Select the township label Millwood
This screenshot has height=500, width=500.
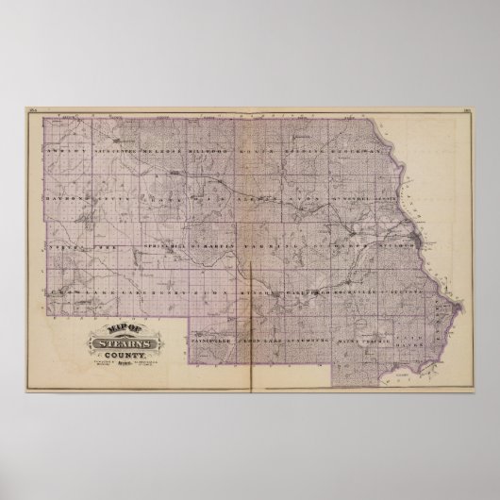pyautogui.click(x=209, y=150)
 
